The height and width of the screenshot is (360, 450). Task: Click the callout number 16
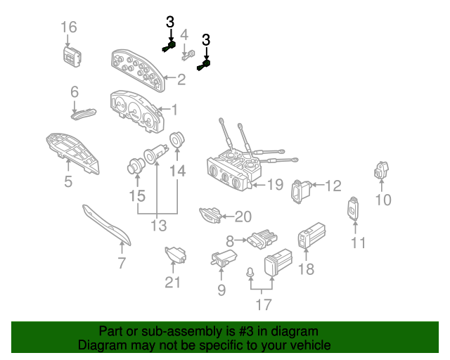point(68,27)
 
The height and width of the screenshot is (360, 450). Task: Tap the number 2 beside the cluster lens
point(181,80)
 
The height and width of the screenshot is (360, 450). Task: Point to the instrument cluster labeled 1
point(136,111)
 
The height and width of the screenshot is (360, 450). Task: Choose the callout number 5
point(68,182)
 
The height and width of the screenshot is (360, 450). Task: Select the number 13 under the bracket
point(158,226)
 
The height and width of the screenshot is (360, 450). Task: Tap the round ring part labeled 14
point(176,139)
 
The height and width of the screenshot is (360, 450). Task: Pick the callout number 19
point(274,185)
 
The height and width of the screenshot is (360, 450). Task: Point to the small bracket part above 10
point(382,170)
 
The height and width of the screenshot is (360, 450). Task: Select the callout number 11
point(359,243)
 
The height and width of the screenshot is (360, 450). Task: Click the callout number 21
point(173,283)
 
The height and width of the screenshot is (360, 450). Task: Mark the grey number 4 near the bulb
point(184,34)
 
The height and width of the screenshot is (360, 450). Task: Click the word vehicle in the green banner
point(307,346)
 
